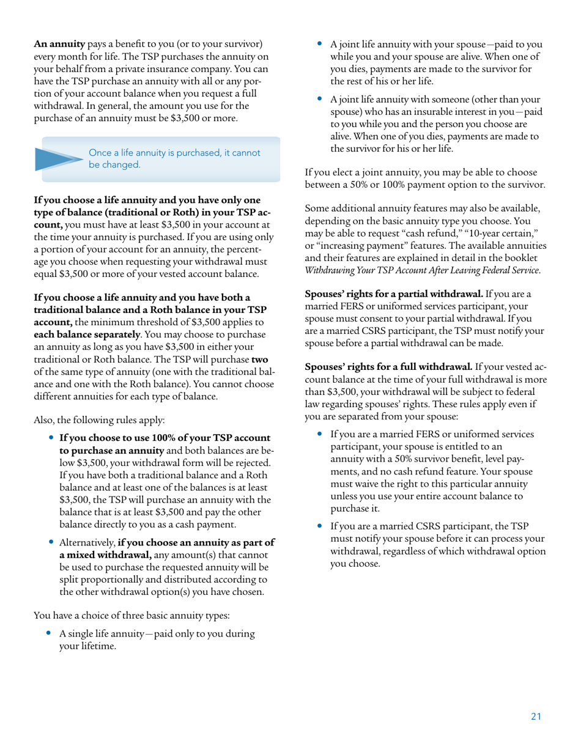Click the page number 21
536,717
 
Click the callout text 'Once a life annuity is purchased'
174,153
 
